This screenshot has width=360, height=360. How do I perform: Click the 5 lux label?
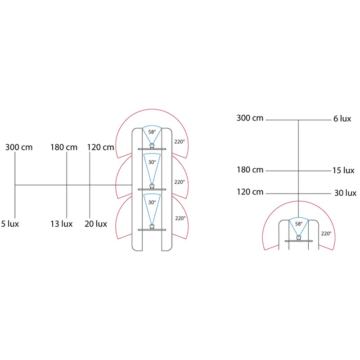(10, 224)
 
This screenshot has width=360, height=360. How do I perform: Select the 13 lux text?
(62, 224)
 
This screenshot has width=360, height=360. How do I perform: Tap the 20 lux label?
(96, 224)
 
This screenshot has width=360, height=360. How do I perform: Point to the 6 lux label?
(342, 119)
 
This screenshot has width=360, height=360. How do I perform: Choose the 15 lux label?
(343, 171)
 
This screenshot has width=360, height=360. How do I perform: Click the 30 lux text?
(345, 193)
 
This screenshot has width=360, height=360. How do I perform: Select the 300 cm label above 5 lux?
(19, 148)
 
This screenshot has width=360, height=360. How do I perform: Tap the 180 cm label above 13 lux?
(64, 148)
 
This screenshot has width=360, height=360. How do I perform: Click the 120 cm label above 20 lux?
(100, 148)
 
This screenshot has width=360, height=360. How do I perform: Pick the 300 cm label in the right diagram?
(250, 118)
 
